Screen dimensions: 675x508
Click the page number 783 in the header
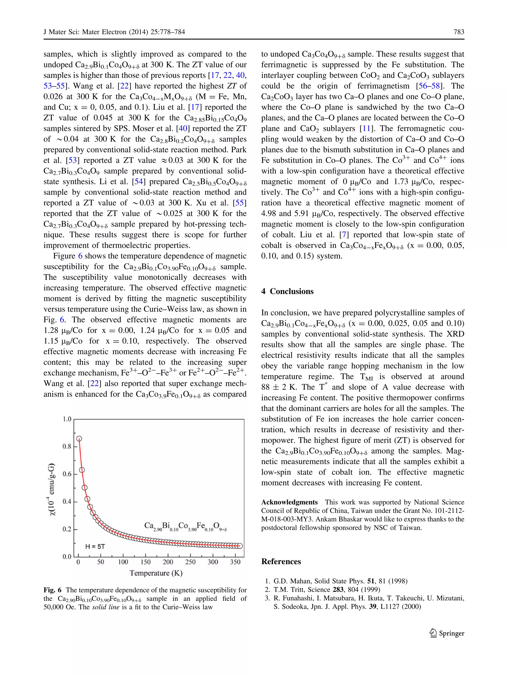459,32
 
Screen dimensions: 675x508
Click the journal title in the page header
114,32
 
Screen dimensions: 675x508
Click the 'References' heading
281,561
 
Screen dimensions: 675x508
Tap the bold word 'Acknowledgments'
289,502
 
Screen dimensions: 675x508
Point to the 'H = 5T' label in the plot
95,546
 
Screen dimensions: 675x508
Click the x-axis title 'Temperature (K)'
156,573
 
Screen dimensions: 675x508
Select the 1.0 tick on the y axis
67,419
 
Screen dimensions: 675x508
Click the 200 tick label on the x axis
168,562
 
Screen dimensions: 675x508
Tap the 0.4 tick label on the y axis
67,501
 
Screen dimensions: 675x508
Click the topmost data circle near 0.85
79,439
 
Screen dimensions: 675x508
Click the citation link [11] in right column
366,129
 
